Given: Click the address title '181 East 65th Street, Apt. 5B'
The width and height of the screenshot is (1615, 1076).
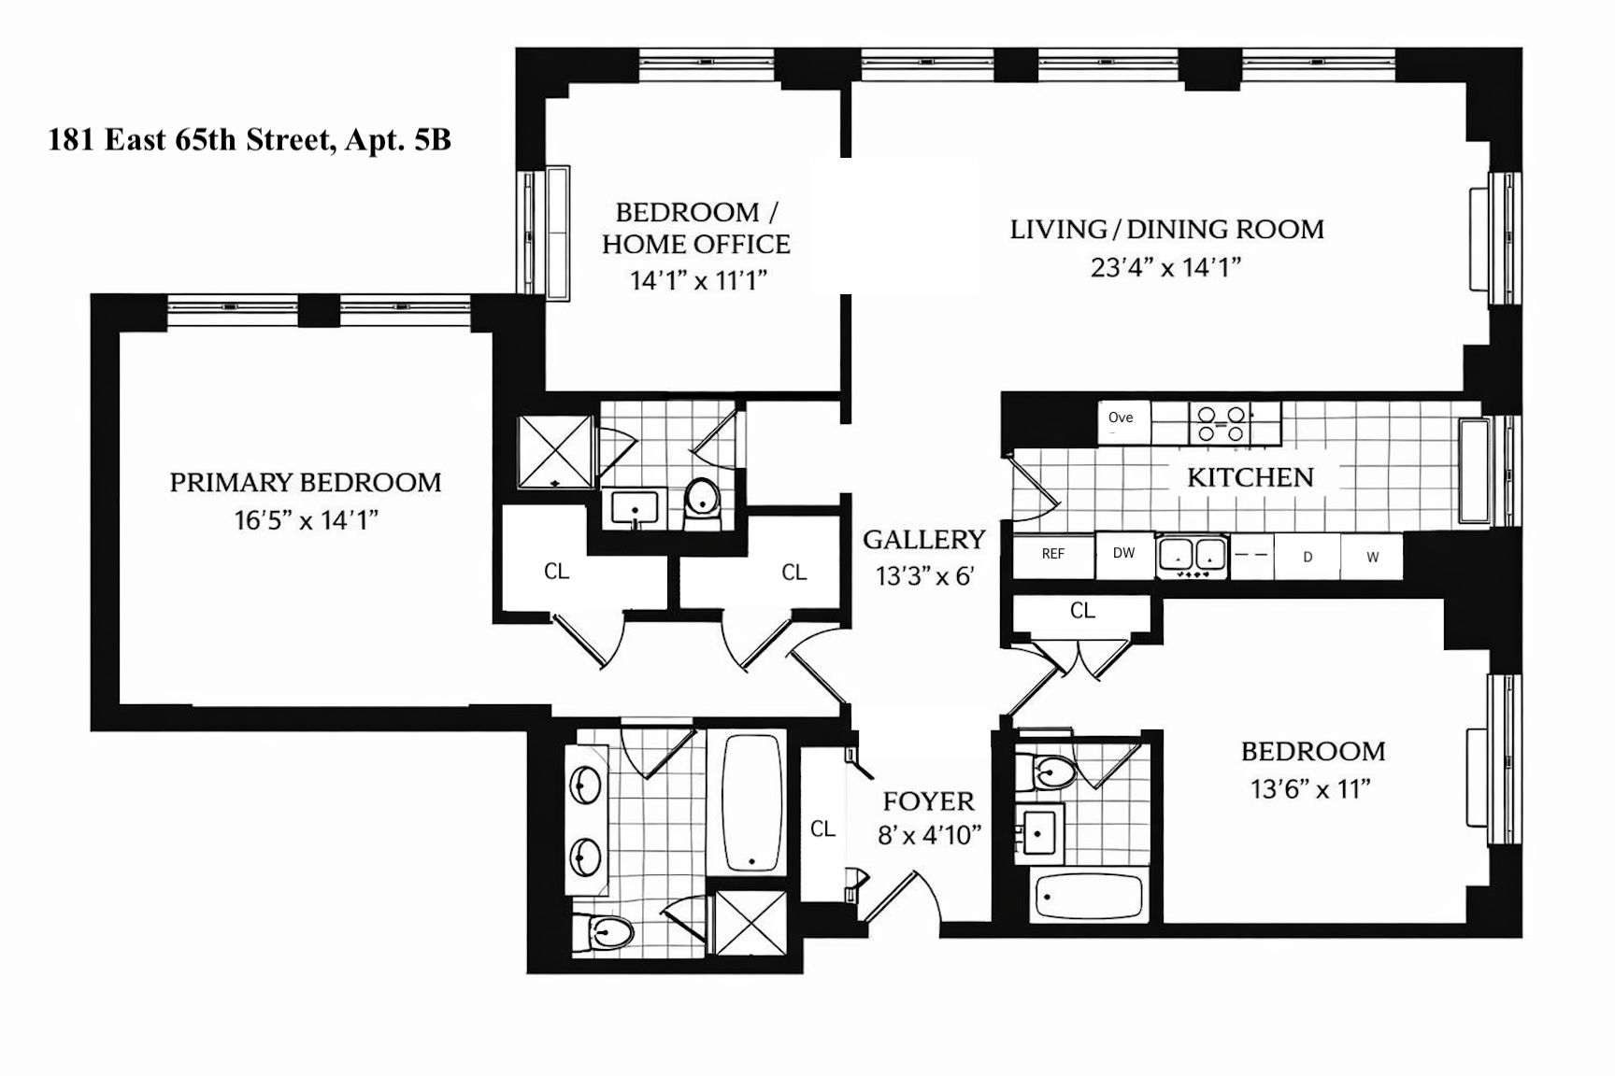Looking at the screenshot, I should coord(250,140).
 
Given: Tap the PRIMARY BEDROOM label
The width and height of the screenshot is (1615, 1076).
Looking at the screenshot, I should coord(306,483).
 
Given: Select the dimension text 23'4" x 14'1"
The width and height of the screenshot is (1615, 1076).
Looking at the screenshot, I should coord(1165,268).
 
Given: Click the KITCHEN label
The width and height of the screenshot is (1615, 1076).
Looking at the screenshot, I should coord(1250,477).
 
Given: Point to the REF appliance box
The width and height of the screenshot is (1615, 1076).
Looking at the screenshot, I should coord(1053,555).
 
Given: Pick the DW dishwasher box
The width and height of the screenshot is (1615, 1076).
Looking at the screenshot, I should coord(1123,554).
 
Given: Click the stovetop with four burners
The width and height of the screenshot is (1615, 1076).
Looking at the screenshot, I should coord(1223,424).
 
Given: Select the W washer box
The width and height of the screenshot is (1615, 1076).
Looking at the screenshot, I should coord(1372,558).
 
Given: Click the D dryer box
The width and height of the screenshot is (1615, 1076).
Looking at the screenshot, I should coord(1308,558).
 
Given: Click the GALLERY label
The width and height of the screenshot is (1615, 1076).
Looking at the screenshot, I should coord(923,540).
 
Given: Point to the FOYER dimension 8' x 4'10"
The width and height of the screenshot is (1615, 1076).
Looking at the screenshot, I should coord(929,835).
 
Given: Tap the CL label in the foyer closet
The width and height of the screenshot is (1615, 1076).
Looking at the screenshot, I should coord(822,829).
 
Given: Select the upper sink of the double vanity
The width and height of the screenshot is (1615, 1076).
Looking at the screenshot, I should coord(586,785).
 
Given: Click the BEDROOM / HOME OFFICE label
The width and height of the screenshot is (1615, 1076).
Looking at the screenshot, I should coord(696,228).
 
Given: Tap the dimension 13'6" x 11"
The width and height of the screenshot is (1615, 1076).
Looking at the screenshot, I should coord(1310,790).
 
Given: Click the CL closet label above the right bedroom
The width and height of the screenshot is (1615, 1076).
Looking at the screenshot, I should coord(1082,611).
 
